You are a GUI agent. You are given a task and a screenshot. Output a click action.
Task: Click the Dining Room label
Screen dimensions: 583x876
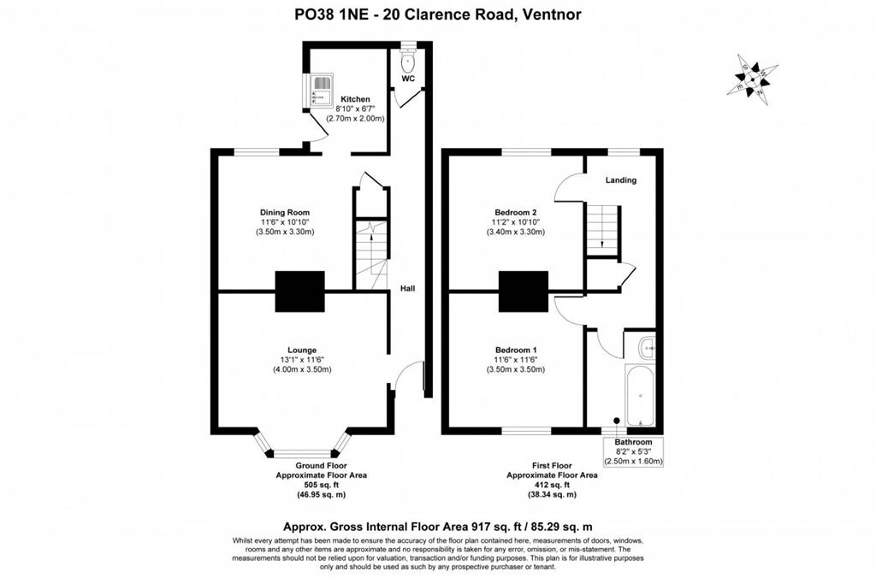(x=285, y=212)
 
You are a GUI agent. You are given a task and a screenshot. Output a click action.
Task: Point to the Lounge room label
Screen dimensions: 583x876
(x=302, y=350)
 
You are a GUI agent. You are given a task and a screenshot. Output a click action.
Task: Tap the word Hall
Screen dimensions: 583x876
(x=408, y=290)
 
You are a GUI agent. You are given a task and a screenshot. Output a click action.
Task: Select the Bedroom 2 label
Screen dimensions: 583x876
(x=516, y=212)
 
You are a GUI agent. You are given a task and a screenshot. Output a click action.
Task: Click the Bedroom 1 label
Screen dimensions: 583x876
(x=516, y=350)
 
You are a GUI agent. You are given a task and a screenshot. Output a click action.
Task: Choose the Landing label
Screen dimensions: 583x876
(x=620, y=180)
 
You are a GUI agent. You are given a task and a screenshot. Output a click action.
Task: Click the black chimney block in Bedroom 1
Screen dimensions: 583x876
(x=523, y=292)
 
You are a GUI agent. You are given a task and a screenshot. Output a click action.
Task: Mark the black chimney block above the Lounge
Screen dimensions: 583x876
(x=299, y=292)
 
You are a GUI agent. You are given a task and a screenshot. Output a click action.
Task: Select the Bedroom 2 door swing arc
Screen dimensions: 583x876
(x=567, y=186)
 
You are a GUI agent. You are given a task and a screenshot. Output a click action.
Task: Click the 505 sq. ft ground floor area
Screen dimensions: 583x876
(x=303, y=485)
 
